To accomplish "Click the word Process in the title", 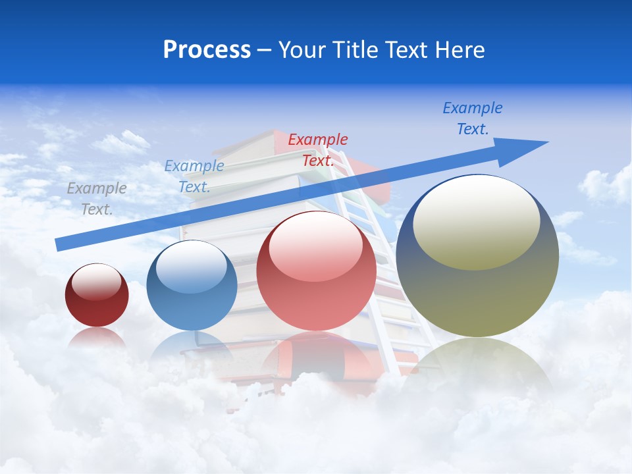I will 207,50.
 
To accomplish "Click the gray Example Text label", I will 97,198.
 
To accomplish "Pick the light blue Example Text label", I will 194,176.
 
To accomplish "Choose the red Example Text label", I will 318,149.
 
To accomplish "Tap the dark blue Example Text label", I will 473,118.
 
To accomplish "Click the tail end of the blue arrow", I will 61,244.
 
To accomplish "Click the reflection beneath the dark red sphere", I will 97,338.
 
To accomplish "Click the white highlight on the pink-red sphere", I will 316,246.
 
